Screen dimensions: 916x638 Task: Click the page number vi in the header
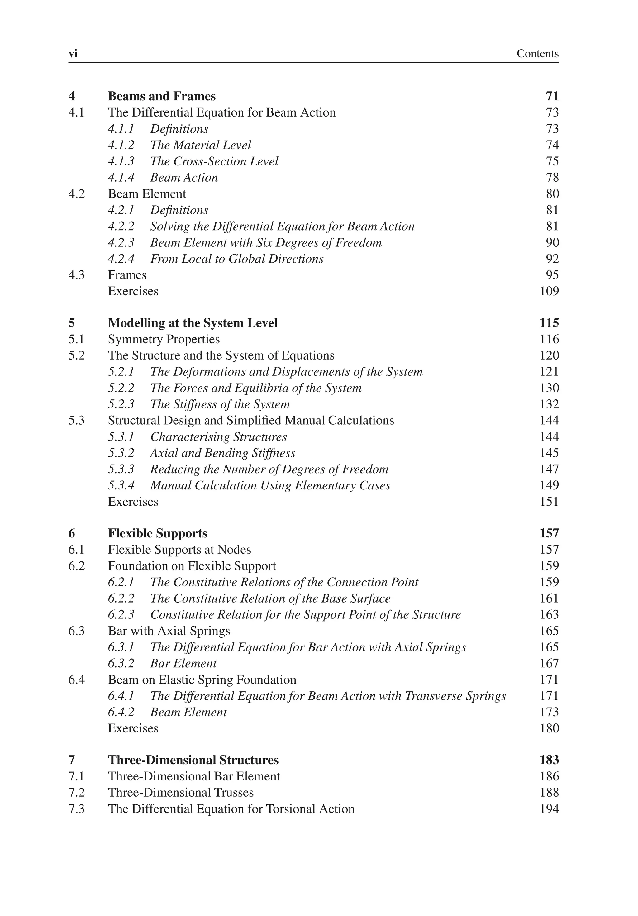pyautogui.click(x=73, y=54)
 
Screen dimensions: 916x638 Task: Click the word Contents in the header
pyautogui.click(x=537, y=54)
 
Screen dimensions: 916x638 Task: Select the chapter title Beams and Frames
pyautogui.click(x=162, y=96)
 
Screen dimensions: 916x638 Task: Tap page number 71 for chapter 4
pyautogui.click(x=552, y=96)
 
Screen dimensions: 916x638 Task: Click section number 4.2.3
pyautogui.click(x=121, y=243)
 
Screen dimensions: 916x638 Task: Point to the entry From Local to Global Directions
pyautogui.click(x=237, y=259)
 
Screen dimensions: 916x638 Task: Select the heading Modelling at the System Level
pyautogui.click(x=193, y=323)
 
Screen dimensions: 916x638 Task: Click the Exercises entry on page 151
pyautogui.click(x=133, y=502)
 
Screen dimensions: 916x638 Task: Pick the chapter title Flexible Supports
pyautogui.click(x=158, y=533)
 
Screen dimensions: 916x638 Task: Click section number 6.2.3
pyautogui.click(x=121, y=615)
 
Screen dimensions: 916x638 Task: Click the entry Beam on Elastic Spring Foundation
pyautogui.click(x=202, y=680)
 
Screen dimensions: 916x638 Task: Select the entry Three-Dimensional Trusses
pyautogui.click(x=181, y=792)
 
